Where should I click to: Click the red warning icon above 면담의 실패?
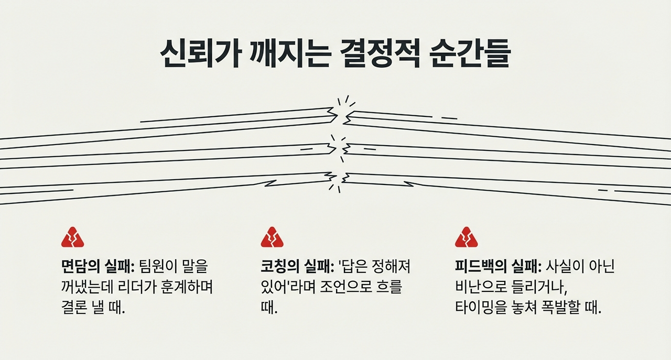coord(72,237)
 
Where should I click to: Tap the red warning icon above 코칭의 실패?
coord(272,237)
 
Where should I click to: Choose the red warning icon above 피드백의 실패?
coord(466,237)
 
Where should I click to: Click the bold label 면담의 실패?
coord(99,267)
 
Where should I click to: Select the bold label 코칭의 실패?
coord(297,267)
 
